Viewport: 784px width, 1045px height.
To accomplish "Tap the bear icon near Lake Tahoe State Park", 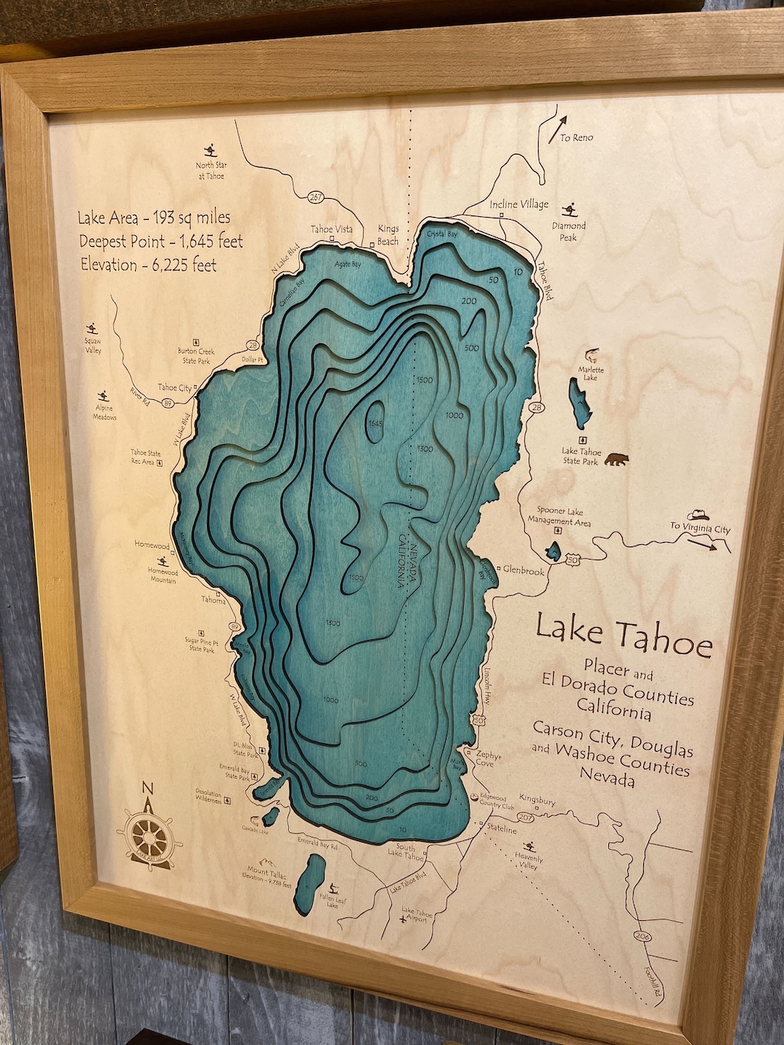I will (x=617, y=459).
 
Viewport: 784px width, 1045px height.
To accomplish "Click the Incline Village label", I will (x=518, y=205).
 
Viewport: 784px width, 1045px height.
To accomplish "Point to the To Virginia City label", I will (x=700, y=529).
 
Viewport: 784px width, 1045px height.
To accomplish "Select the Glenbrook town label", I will (x=523, y=571).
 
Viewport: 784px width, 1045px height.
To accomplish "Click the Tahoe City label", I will (x=174, y=388).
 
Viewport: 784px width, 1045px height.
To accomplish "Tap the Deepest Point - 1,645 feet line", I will (x=160, y=241).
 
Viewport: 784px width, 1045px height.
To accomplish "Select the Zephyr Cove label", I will (x=489, y=759).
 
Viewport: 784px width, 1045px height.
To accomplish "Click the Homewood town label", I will (x=151, y=545).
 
